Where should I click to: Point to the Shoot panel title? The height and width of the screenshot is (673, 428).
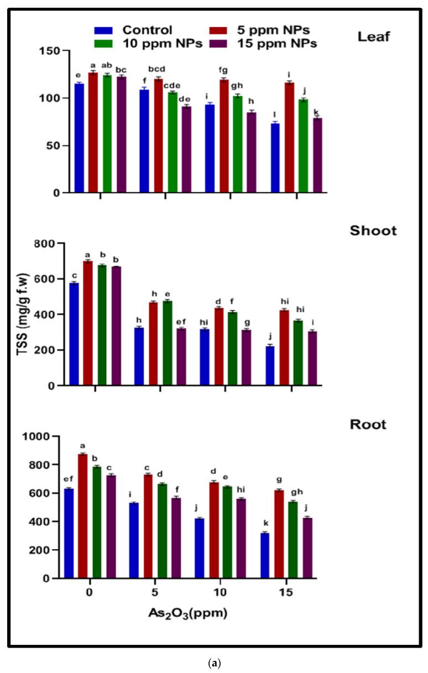(373, 231)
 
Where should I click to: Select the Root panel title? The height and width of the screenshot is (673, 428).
(368, 425)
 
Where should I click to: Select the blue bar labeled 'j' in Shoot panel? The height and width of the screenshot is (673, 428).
(270, 365)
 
